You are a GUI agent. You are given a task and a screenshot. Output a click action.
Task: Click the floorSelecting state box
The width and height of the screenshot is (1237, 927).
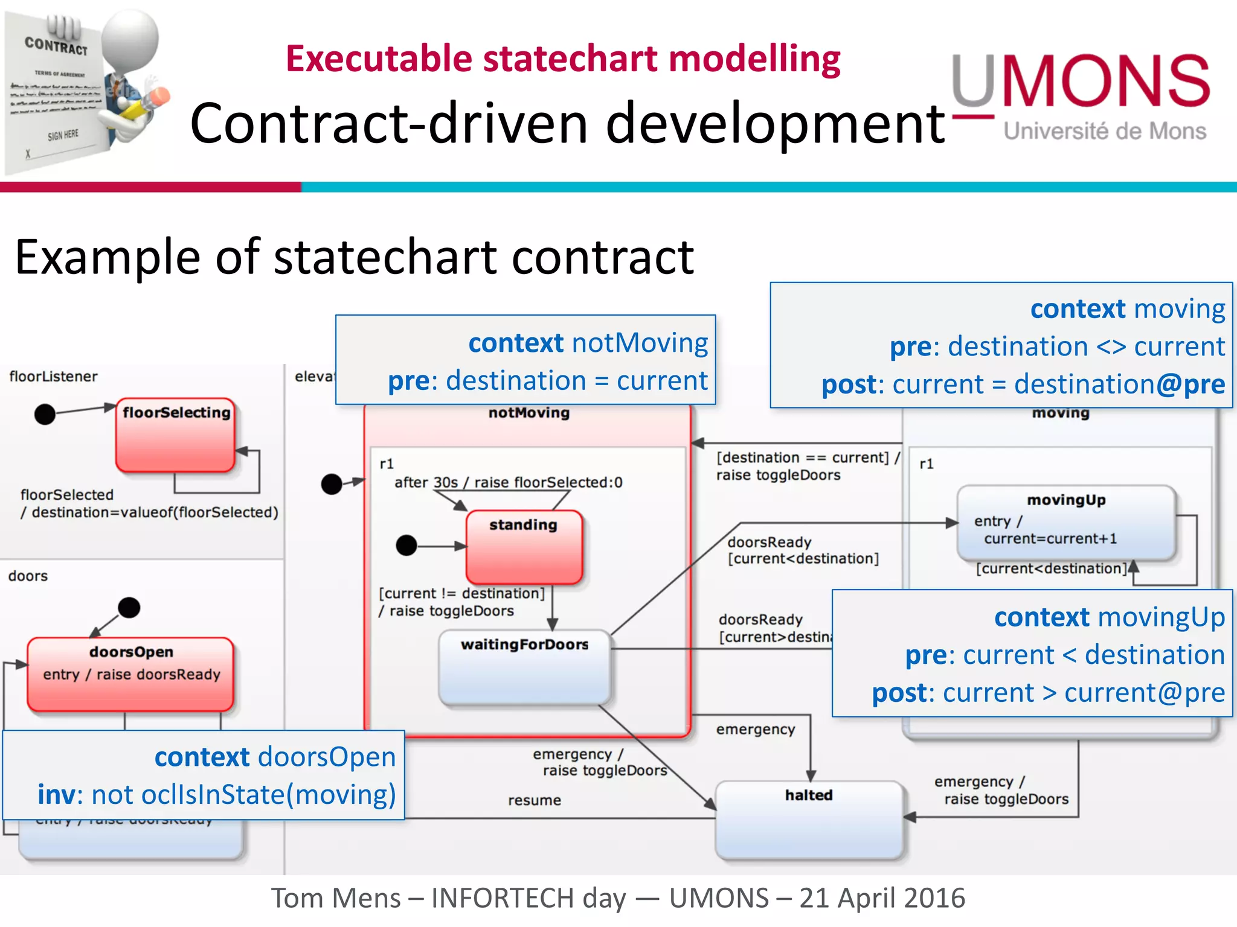click(x=175, y=435)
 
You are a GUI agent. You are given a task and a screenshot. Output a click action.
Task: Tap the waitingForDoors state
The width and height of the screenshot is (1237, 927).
click(x=525, y=667)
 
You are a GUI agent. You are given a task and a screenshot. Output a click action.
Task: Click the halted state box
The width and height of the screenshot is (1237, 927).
click(x=809, y=820)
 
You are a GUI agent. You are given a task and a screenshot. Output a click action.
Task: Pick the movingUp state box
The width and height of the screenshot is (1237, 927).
click(x=1066, y=523)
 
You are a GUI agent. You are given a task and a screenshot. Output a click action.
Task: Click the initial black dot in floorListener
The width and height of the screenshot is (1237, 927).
click(x=45, y=415)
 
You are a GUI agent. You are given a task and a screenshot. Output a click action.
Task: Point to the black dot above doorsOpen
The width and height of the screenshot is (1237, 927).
click(x=129, y=607)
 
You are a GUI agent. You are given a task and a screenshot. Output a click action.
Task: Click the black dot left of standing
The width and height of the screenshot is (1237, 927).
click(x=406, y=546)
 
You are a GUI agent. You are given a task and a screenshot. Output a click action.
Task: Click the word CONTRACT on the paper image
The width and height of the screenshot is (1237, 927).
click(x=56, y=45)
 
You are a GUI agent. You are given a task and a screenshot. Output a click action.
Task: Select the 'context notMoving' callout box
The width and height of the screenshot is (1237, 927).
click(x=525, y=360)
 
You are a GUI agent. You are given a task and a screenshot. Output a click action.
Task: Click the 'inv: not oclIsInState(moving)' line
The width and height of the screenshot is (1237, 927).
click(x=216, y=794)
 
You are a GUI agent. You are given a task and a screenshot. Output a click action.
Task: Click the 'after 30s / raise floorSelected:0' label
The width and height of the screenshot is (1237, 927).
click(x=508, y=482)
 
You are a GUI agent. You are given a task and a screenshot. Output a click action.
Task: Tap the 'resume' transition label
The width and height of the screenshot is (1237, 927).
click(x=535, y=800)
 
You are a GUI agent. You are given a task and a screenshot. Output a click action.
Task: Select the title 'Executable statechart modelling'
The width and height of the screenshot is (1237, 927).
click(x=562, y=59)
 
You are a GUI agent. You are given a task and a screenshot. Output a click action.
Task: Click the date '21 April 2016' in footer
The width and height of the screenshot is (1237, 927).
click(x=882, y=898)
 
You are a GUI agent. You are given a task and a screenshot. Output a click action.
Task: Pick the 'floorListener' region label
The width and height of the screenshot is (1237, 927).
click(x=53, y=377)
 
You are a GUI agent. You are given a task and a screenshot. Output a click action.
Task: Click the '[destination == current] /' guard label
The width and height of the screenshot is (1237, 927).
click(x=808, y=457)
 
